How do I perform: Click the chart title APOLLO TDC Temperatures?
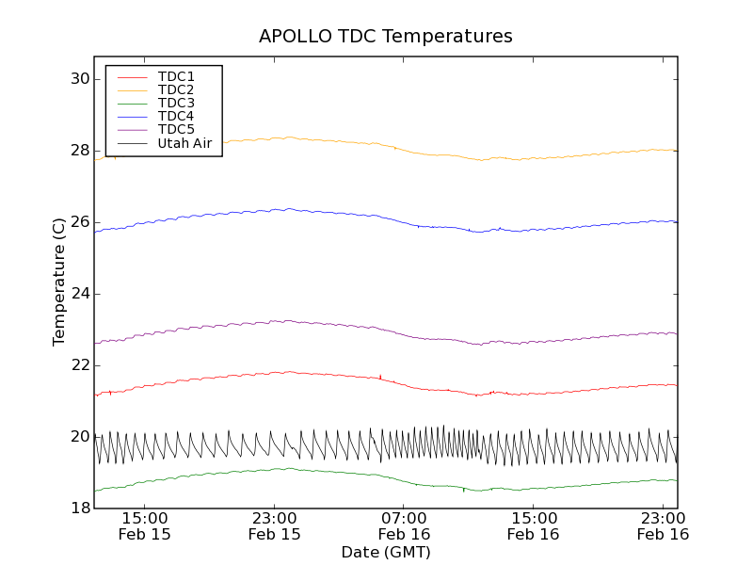click(x=386, y=37)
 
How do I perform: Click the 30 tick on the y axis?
click(x=78, y=79)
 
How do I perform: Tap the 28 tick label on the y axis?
click(x=78, y=151)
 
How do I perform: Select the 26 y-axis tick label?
click(x=78, y=222)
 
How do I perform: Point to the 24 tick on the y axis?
click(x=78, y=294)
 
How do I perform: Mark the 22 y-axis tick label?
click(x=78, y=365)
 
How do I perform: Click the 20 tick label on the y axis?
click(x=78, y=437)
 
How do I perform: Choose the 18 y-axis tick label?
click(x=78, y=508)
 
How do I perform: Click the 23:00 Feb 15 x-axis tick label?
click(x=275, y=526)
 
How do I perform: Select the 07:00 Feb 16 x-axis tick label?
click(x=405, y=526)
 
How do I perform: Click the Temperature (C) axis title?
click(x=59, y=282)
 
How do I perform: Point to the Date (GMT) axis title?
click(x=386, y=552)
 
